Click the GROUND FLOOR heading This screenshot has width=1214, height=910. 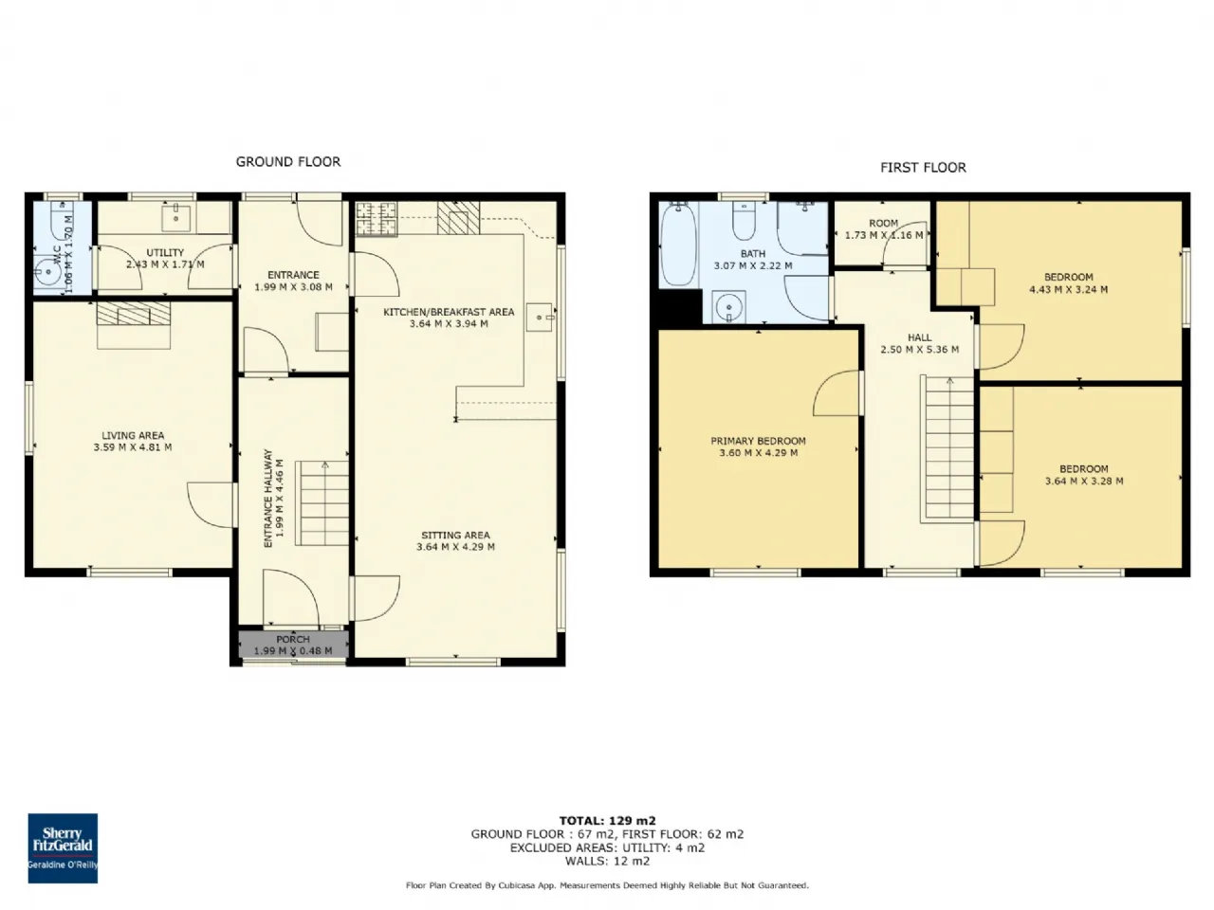[x=288, y=162]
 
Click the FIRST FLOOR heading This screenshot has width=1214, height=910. [x=923, y=168]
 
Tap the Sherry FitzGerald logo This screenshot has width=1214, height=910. [x=63, y=847]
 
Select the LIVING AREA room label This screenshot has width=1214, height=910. [x=133, y=435]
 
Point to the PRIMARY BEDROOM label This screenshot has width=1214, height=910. [x=758, y=441]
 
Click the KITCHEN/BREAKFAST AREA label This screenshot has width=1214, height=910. [x=449, y=312]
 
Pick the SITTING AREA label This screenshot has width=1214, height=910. [x=456, y=535]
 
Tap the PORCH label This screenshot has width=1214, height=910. [x=293, y=639]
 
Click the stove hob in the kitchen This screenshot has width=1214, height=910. [x=377, y=219]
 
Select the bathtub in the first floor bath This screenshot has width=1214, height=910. [x=678, y=245]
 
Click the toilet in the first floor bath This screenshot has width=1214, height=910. [x=744, y=221]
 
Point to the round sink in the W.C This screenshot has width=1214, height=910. [x=48, y=272]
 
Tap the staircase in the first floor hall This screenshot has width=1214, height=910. [x=947, y=449]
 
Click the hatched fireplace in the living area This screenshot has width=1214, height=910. [x=134, y=313]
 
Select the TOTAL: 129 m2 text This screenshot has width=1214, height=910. [x=607, y=821]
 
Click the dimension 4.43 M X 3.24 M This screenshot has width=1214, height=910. [x=1069, y=289]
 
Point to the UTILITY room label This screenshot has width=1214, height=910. [x=165, y=252]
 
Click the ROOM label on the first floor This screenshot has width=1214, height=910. [x=883, y=223]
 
